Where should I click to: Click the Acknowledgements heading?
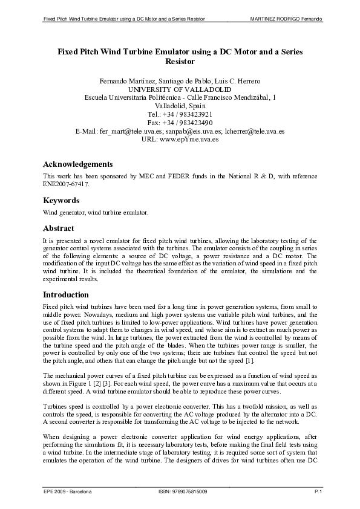pos(77,164)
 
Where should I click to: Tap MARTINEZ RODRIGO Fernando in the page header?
pos(286,20)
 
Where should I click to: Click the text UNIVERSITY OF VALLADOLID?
pos(180,88)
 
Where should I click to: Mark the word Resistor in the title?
pos(180,61)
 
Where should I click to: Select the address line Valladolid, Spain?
pos(180,105)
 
